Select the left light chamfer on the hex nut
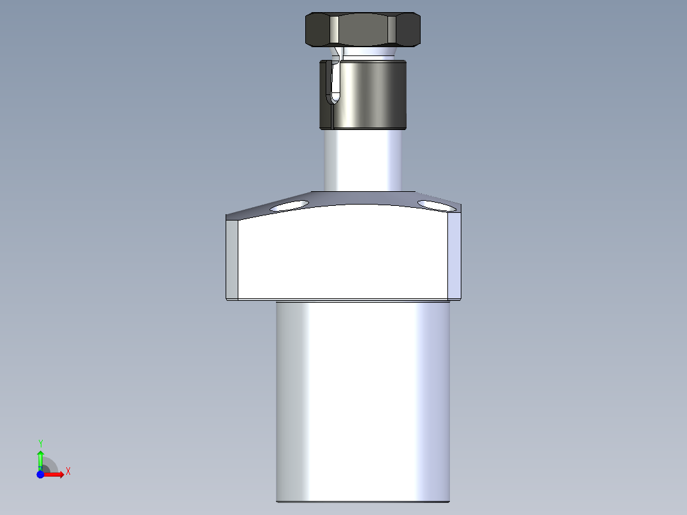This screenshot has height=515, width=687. click(x=334, y=29)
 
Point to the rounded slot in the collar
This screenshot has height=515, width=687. click(x=333, y=83)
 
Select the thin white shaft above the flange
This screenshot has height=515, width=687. click(x=363, y=159)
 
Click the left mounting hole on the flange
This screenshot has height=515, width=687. click(x=289, y=206)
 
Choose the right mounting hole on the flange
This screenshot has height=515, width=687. click(x=437, y=205)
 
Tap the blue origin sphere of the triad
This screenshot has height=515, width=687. click(x=40, y=475)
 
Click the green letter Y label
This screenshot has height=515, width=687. click(x=40, y=443)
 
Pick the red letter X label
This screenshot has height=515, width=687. click(x=68, y=472)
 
